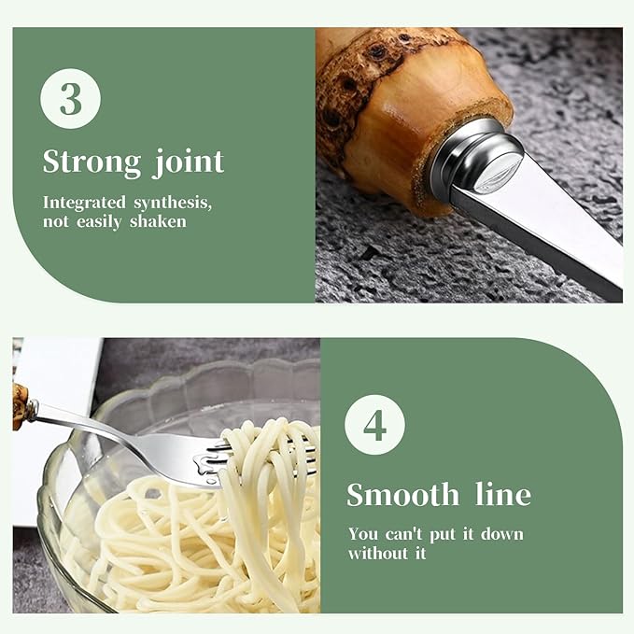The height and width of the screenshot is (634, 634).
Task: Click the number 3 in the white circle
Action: [71, 99]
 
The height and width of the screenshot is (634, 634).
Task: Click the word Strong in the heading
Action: [92, 162]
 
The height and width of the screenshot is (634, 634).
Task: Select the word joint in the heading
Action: [188, 162]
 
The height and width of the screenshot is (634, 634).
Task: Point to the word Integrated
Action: [85, 203]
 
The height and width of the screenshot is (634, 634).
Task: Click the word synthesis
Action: [173, 203]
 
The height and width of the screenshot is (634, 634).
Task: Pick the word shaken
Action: [158, 221]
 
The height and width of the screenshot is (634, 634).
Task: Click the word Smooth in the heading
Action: [402, 494]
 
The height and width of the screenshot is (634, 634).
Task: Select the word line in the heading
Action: [503, 494]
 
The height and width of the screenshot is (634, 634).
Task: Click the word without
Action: [378, 553]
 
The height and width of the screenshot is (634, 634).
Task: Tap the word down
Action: [502, 534]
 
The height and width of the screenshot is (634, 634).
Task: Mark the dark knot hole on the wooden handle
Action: [377, 50]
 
